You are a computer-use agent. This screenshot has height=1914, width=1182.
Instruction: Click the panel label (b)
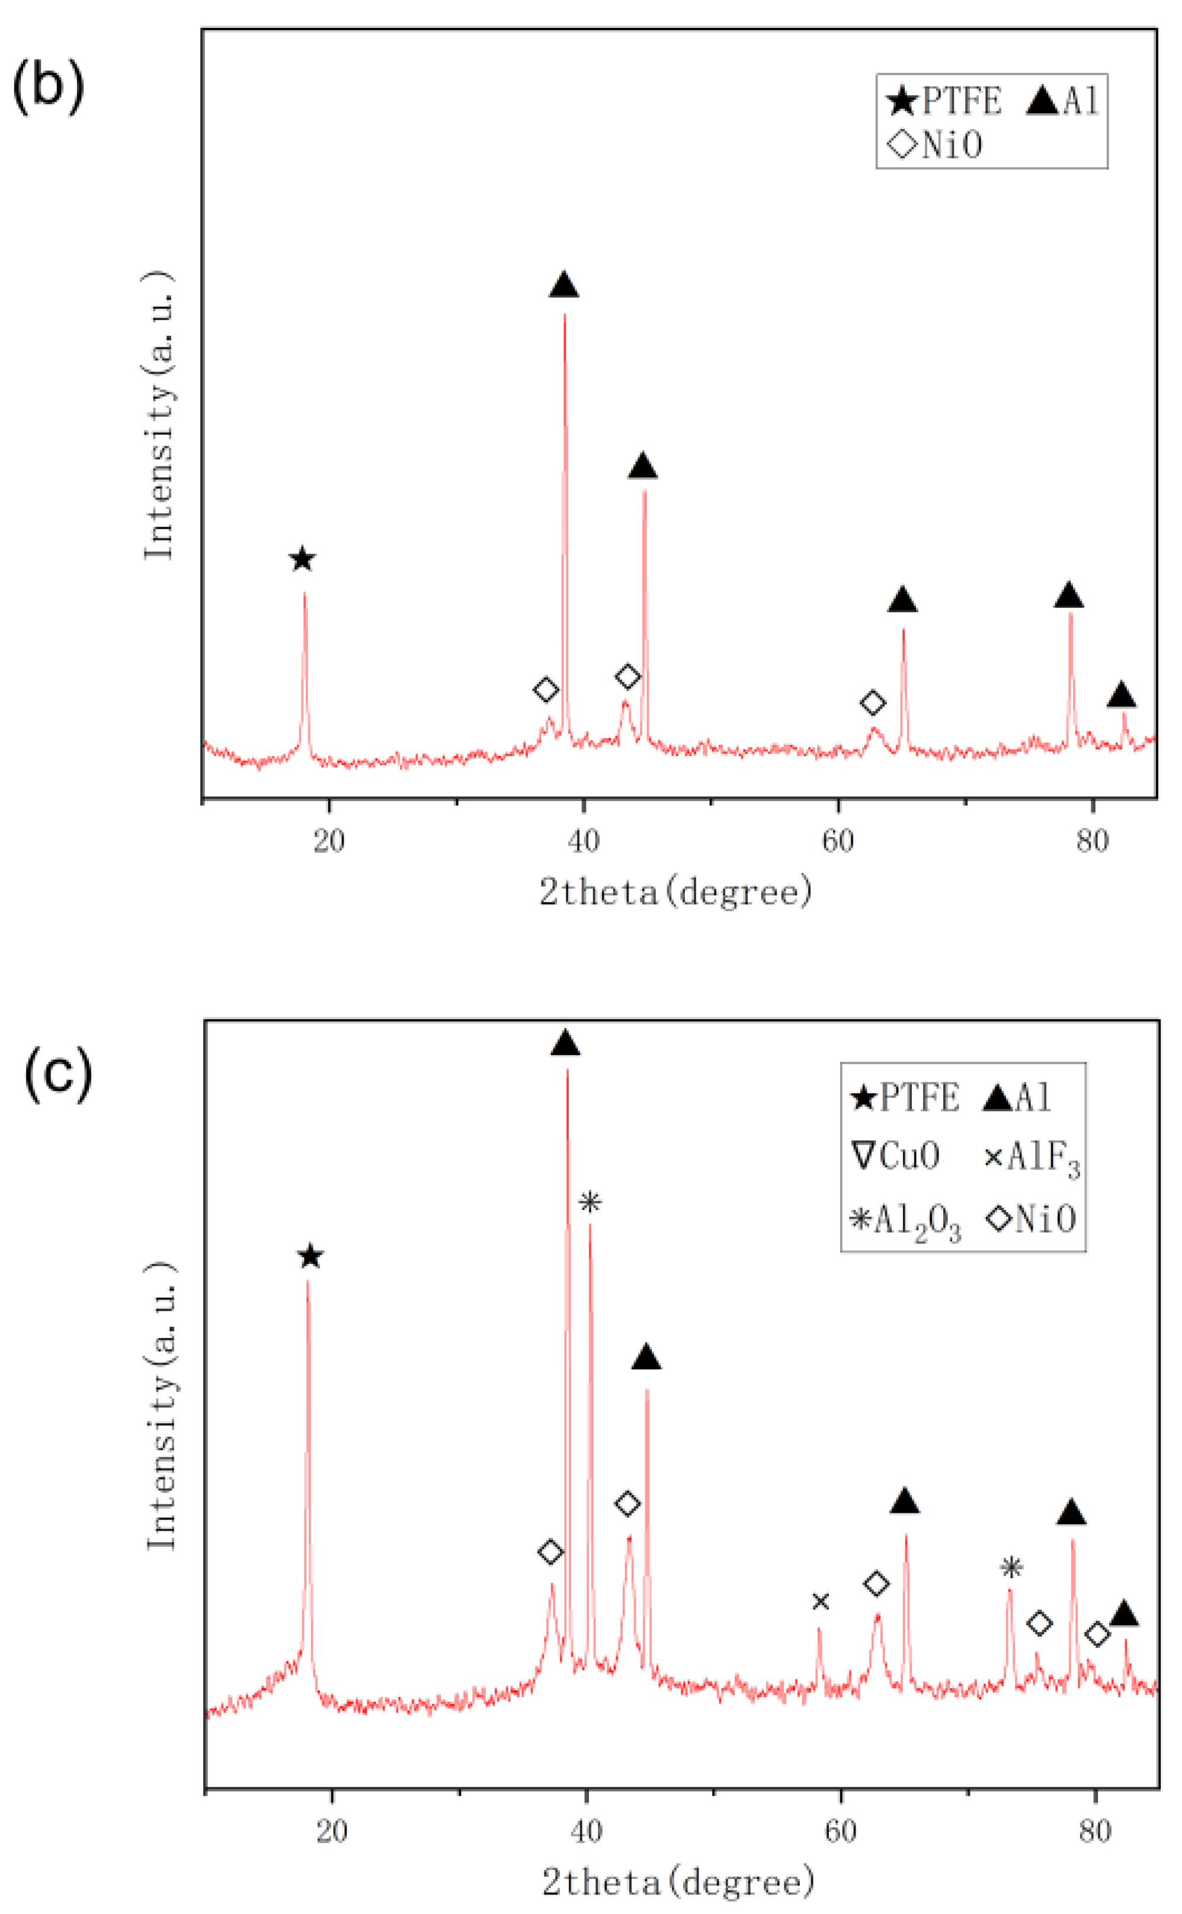coord(49,85)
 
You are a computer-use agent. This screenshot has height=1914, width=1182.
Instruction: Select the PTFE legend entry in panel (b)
coord(945,101)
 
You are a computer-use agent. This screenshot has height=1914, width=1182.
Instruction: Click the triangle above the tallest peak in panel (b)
coord(563,286)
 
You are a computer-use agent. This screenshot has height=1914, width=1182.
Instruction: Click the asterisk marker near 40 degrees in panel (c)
coord(590,1202)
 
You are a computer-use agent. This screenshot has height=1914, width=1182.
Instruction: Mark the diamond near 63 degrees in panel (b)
coord(873,703)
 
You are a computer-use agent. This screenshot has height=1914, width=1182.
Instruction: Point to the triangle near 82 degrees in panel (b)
coord(1121,695)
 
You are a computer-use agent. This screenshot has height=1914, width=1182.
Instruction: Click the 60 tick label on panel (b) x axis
coord(838,841)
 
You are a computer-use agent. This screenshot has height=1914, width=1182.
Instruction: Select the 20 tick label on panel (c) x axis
coord(331,1831)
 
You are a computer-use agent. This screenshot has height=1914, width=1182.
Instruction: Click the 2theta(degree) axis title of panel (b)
coord(675,892)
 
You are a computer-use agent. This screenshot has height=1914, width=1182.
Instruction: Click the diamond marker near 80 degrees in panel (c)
coord(1097,1634)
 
